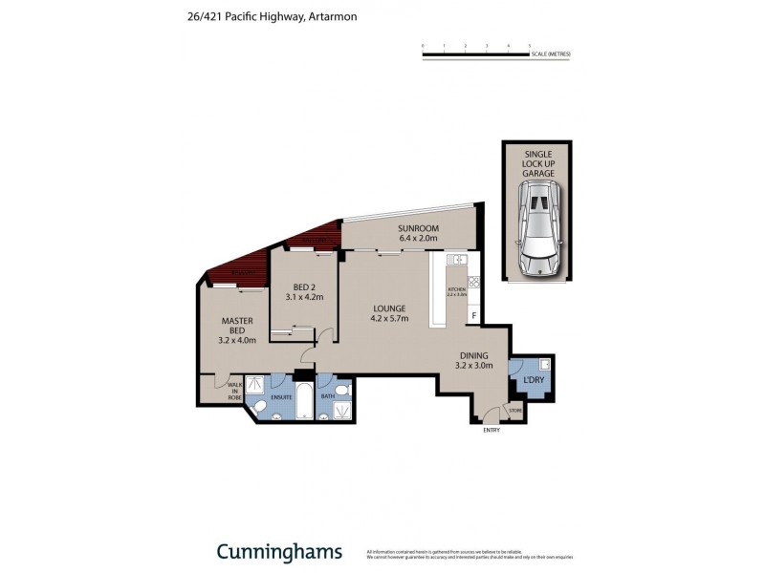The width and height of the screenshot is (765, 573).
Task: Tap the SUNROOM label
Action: (x=418, y=234)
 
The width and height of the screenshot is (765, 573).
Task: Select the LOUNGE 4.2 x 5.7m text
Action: (x=390, y=313)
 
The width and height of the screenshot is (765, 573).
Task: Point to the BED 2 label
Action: (x=305, y=291)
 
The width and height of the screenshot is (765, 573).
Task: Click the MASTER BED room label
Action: (x=237, y=329)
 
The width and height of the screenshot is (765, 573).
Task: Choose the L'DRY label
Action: (x=533, y=381)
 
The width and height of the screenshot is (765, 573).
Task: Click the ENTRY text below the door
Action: (x=492, y=430)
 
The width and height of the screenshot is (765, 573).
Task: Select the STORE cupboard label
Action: (x=515, y=412)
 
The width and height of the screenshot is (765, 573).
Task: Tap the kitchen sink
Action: (x=455, y=260)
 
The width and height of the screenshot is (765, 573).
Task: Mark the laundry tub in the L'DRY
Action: (x=543, y=365)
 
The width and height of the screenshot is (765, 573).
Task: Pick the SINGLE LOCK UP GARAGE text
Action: (x=537, y=163)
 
